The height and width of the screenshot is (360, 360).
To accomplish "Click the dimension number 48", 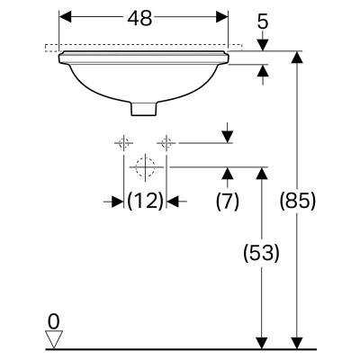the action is (139, 18).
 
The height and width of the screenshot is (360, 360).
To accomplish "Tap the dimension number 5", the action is (263, 22).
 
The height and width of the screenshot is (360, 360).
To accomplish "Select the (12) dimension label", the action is (146, 201).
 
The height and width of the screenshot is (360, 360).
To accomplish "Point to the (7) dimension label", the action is (228, 201).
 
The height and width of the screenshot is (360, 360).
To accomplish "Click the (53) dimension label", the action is (261, 253).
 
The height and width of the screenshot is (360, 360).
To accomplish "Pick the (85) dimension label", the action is (298, 201).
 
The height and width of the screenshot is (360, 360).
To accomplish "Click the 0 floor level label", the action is (54, 322).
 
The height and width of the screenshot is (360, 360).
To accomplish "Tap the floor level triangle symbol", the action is (54, 339).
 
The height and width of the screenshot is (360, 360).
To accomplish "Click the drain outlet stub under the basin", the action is (144, 109).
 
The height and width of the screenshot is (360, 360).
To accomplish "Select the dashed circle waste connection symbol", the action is (145, 166).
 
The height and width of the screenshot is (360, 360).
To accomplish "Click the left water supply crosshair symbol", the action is (123, 143).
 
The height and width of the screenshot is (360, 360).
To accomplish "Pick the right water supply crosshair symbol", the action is (166, 143).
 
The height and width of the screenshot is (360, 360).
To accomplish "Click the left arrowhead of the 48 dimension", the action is (66, 17).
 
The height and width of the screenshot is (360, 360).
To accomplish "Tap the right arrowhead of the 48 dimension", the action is (222, 17).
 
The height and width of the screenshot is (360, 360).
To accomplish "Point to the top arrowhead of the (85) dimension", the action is (297, 58).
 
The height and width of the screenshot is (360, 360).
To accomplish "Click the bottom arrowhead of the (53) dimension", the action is (262, 343).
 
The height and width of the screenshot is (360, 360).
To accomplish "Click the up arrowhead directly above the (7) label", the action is (228, 173).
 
